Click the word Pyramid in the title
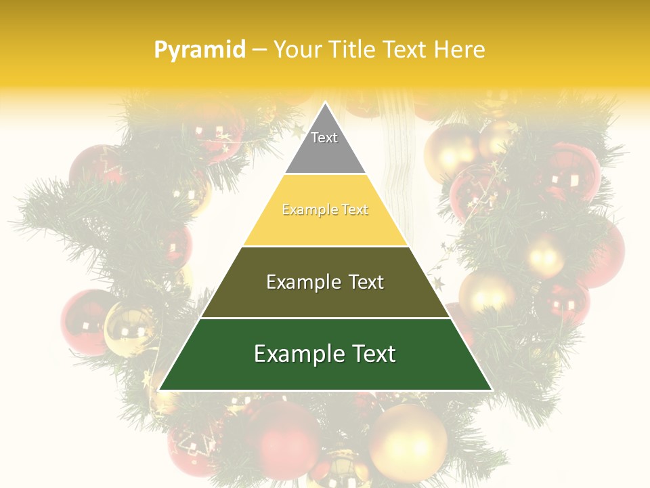tap(200, 50)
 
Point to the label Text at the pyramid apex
tap(324, 138)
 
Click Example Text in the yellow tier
tap(325, 210)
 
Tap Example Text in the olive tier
tap(325, 282)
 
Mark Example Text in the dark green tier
tap(325, 354)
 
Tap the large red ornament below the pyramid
tap(284, 437)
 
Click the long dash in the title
tap(259, 50)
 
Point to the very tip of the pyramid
tap(325, 103)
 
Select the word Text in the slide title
tap(406, 49)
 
